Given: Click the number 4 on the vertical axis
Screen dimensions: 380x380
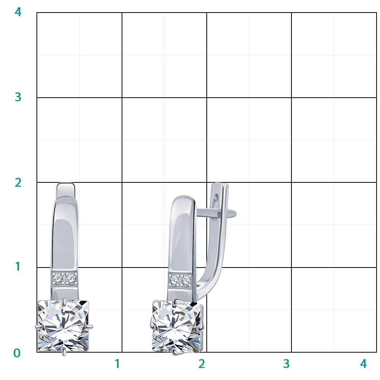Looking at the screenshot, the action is click(x=18, y=12).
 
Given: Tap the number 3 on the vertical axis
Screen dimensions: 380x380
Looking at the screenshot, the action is click(x=18, y=97).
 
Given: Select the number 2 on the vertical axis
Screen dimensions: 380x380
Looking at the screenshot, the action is click(x=18, y=182).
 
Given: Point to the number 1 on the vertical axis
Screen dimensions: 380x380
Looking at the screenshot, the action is click(x=18, y=267).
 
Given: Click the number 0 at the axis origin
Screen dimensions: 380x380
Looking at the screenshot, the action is click(x=17, y=353).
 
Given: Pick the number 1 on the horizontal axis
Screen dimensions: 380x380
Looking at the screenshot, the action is click(x=117, y=364).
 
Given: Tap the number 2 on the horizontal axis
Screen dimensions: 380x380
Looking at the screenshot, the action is click(x=202, y=364).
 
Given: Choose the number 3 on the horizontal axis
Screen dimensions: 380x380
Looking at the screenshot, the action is click(x=287, y=364).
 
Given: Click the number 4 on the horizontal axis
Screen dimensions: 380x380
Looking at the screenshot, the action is click(x=364, y=364).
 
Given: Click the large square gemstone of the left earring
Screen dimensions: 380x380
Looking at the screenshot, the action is click(x=63, y=326).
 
